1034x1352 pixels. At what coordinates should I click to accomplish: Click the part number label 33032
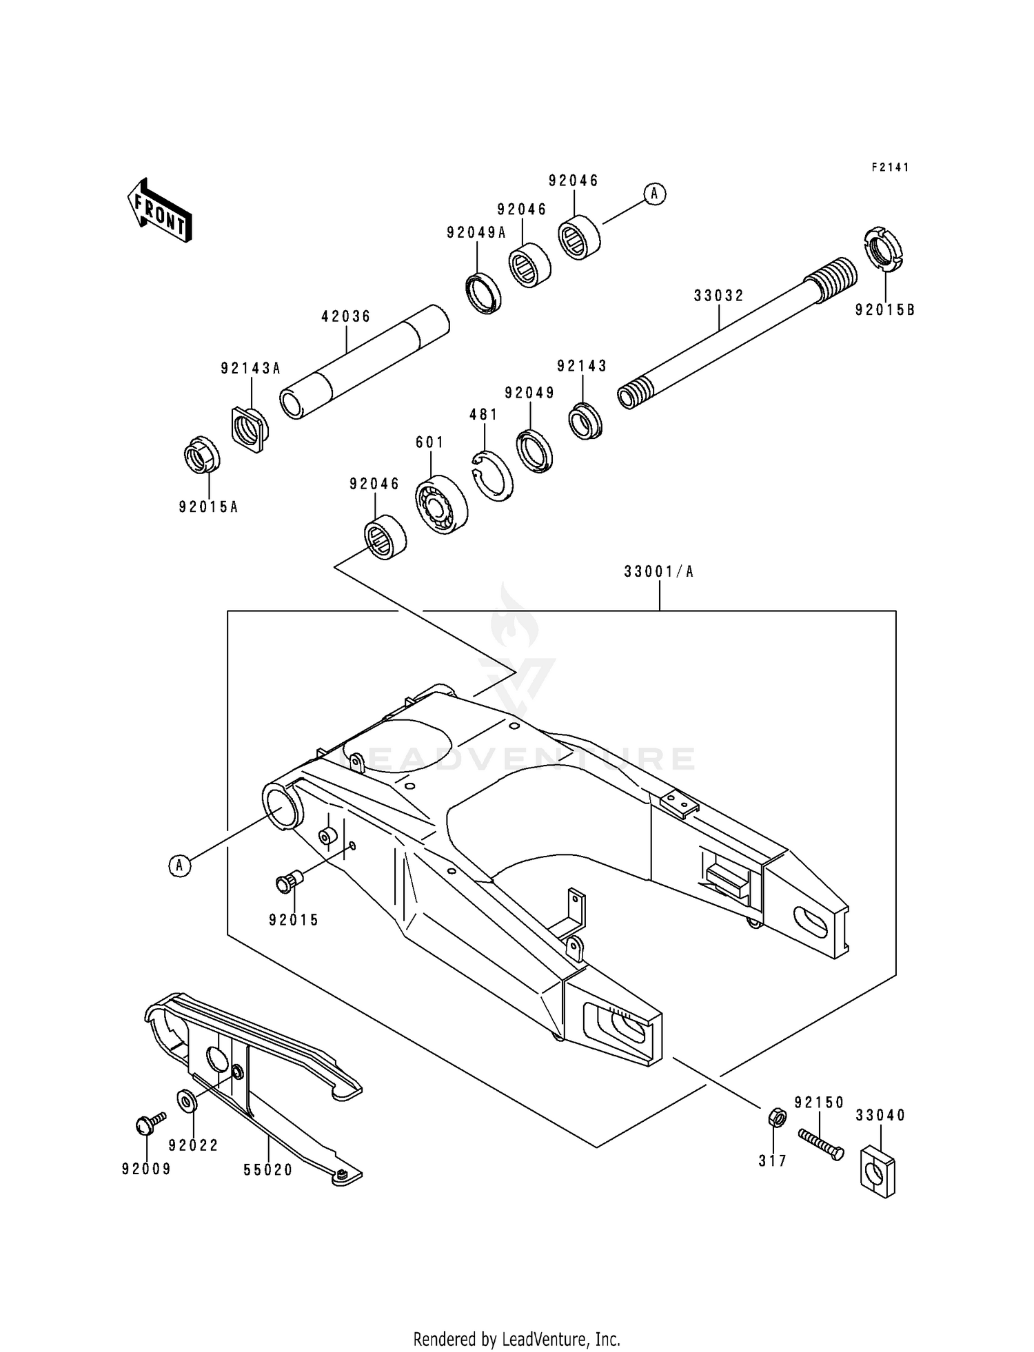click(718, 296)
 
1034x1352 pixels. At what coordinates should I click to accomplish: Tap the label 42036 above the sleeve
click(346, 316)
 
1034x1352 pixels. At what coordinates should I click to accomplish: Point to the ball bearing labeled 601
click(441, 505)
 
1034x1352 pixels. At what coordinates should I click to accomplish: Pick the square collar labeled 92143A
click(249, 429)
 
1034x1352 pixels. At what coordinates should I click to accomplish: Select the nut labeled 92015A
click(201, 455)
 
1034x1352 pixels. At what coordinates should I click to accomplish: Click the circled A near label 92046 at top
click(655, 194)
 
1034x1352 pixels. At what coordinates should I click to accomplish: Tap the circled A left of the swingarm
click(179, 864)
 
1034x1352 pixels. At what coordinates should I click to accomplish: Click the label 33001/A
click(658, 571)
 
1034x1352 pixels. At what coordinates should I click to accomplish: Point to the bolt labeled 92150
click(820, 1145)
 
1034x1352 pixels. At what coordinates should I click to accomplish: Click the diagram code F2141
click(890, 167)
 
